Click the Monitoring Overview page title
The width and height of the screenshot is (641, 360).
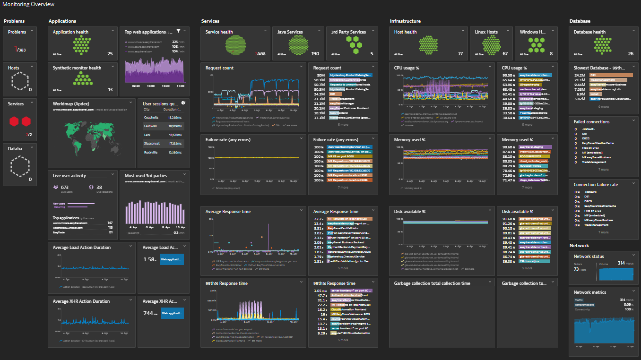tap(28, 4)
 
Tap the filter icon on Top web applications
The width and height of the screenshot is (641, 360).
tap(178, 31)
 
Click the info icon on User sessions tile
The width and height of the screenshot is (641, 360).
tap(183, 103)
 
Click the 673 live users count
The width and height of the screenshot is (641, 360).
tap(65, 187)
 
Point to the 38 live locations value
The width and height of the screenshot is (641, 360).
tap(99, 187)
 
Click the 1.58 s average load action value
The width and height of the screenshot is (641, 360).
tap(149, 259)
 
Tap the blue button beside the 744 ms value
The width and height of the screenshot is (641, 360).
tap(172, 313)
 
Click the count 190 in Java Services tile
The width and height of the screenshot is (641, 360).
tap(315, 54)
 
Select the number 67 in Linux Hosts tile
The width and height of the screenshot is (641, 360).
tap(505, 54)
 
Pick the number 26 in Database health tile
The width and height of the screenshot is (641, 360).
tap(631, 54)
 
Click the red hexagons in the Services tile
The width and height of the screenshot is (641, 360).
tap(20, 122)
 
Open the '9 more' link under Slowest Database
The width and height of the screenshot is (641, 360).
tap(603, 107)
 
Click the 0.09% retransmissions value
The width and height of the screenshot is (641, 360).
tap(629, 305)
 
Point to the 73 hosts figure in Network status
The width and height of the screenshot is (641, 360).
tap(576, 269)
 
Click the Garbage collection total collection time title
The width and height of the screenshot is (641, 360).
tap(432, 283)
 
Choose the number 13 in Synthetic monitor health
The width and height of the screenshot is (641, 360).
tap(110, 90)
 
